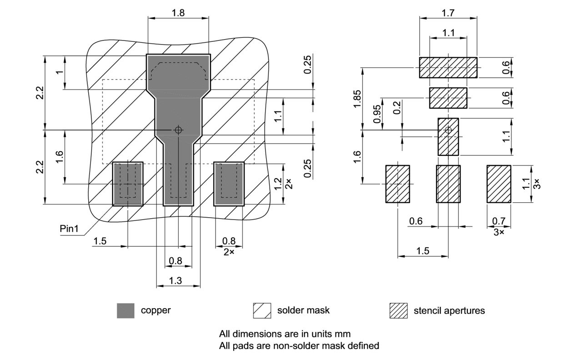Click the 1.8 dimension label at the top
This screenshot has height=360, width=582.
pyautogui.click(x=178, y=13)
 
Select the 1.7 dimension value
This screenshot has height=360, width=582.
pyautogui.click(x=448, y=13)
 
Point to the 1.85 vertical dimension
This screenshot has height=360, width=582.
pyautogui.click(x=357, y=99)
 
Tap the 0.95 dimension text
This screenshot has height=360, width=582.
pyautogui.click(x=377, y=114)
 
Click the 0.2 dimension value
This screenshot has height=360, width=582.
pyautogui.click(x=398, y=108)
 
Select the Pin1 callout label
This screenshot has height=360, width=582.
pyautogui.click(x=70, y=229)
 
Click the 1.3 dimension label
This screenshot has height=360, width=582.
pyautogui.click(x=176, y=281)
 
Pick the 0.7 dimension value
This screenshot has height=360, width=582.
pyautogui.click(x=499, y=221)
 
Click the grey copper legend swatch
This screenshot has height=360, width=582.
pyautogui.click(x=125, y=311)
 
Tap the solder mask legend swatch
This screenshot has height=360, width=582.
pyautogui.click(x=262, y=311)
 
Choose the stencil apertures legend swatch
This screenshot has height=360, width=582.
pyautogui.click(x=398, y=311)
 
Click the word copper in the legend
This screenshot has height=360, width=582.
pyautogui.click(x=156, y=311)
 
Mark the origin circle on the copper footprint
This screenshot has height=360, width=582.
pyautogui.click(x=178, y=130)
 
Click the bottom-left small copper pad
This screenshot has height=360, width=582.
pyautogui.click(x=128, y=184)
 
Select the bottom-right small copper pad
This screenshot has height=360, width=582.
pyautogui.click(x=229, y=184)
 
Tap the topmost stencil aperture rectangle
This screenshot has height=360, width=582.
pyautogui.click(x=448, y=68)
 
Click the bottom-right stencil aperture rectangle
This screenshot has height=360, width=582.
pyautogui.click(x=499, y=184)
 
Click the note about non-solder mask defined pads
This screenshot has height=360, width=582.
pyautogui.click(x=299, y=346)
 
